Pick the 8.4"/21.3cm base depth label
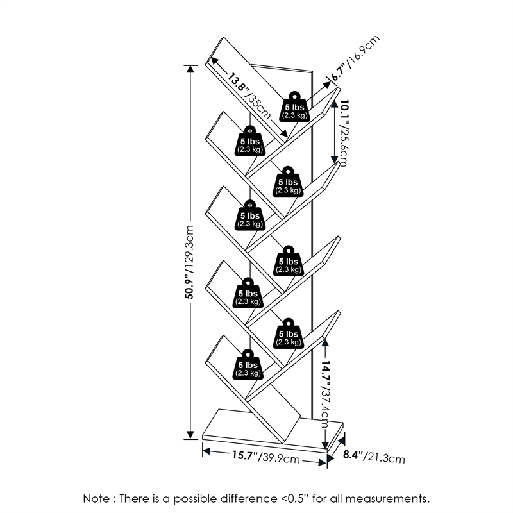374,457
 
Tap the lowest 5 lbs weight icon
248,365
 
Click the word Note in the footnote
97,498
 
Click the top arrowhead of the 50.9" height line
190,69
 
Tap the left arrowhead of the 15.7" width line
206,451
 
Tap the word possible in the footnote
202,498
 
